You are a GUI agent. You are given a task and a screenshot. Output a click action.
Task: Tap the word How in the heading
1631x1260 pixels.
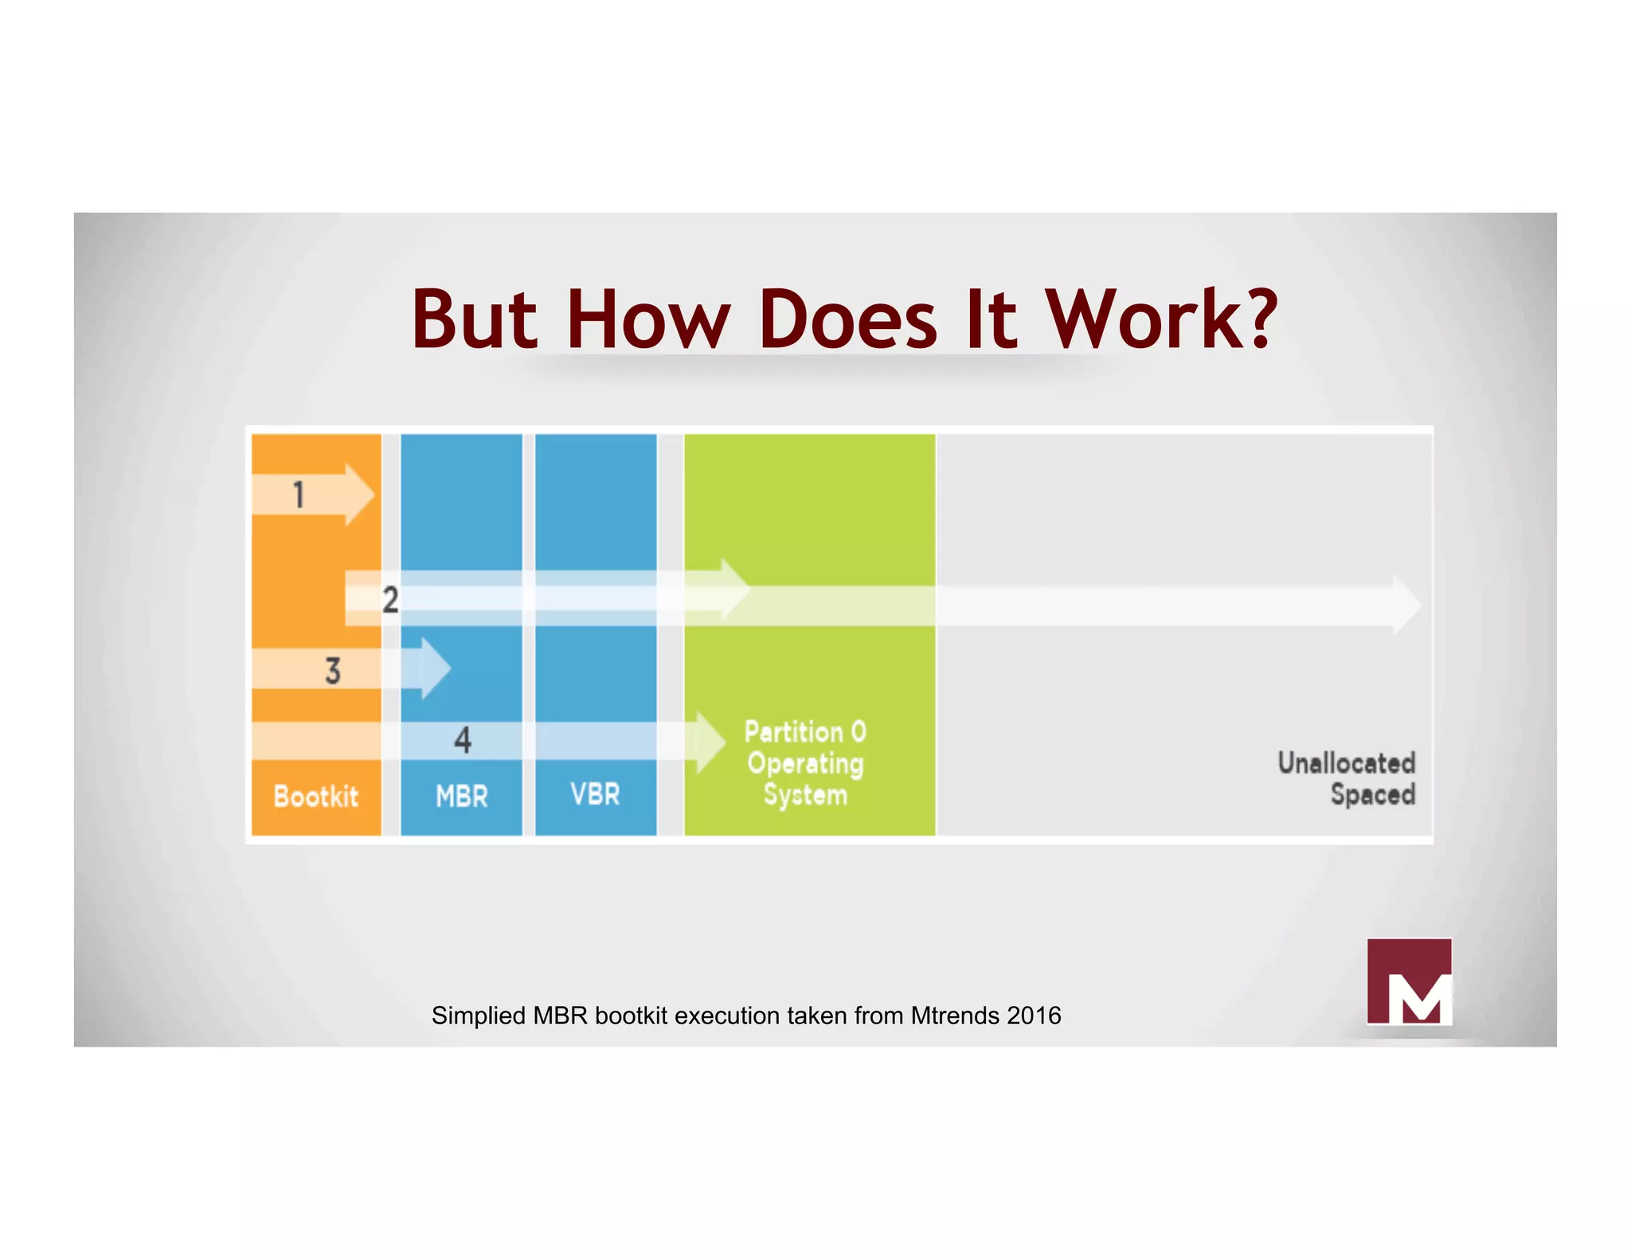coord(648,320)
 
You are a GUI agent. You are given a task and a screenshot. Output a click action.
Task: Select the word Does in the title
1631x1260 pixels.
coord(849,320)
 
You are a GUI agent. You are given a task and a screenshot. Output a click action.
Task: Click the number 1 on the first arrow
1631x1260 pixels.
coord(299,495)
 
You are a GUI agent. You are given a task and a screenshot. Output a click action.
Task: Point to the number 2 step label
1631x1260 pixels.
coord(390,600)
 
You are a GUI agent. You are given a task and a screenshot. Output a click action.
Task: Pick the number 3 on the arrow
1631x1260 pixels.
coord(333,671)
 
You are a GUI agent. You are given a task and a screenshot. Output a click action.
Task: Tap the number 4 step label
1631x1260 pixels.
coord(463,740)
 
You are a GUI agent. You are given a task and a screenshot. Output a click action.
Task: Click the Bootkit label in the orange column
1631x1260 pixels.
coord(316,796)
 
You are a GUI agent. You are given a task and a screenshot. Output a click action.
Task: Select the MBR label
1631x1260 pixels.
coord(462,796)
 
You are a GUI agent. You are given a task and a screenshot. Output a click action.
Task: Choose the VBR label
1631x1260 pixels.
coord(596,794)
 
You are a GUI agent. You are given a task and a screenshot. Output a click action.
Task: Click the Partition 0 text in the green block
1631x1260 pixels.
coord(805,731)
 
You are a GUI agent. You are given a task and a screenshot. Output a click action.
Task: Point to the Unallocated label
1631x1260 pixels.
coord(1347,763)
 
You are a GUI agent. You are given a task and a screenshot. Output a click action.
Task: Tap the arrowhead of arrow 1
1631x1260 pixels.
coord(359,495)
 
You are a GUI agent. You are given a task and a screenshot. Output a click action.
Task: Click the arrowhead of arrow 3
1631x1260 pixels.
coord(435,669)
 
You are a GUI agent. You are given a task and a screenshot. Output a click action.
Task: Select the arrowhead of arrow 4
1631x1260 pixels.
coord(710,742)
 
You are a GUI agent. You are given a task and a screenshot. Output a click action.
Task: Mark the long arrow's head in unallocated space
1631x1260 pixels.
coord(1406,606)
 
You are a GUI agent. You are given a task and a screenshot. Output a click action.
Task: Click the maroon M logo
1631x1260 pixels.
coord(1409,981)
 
